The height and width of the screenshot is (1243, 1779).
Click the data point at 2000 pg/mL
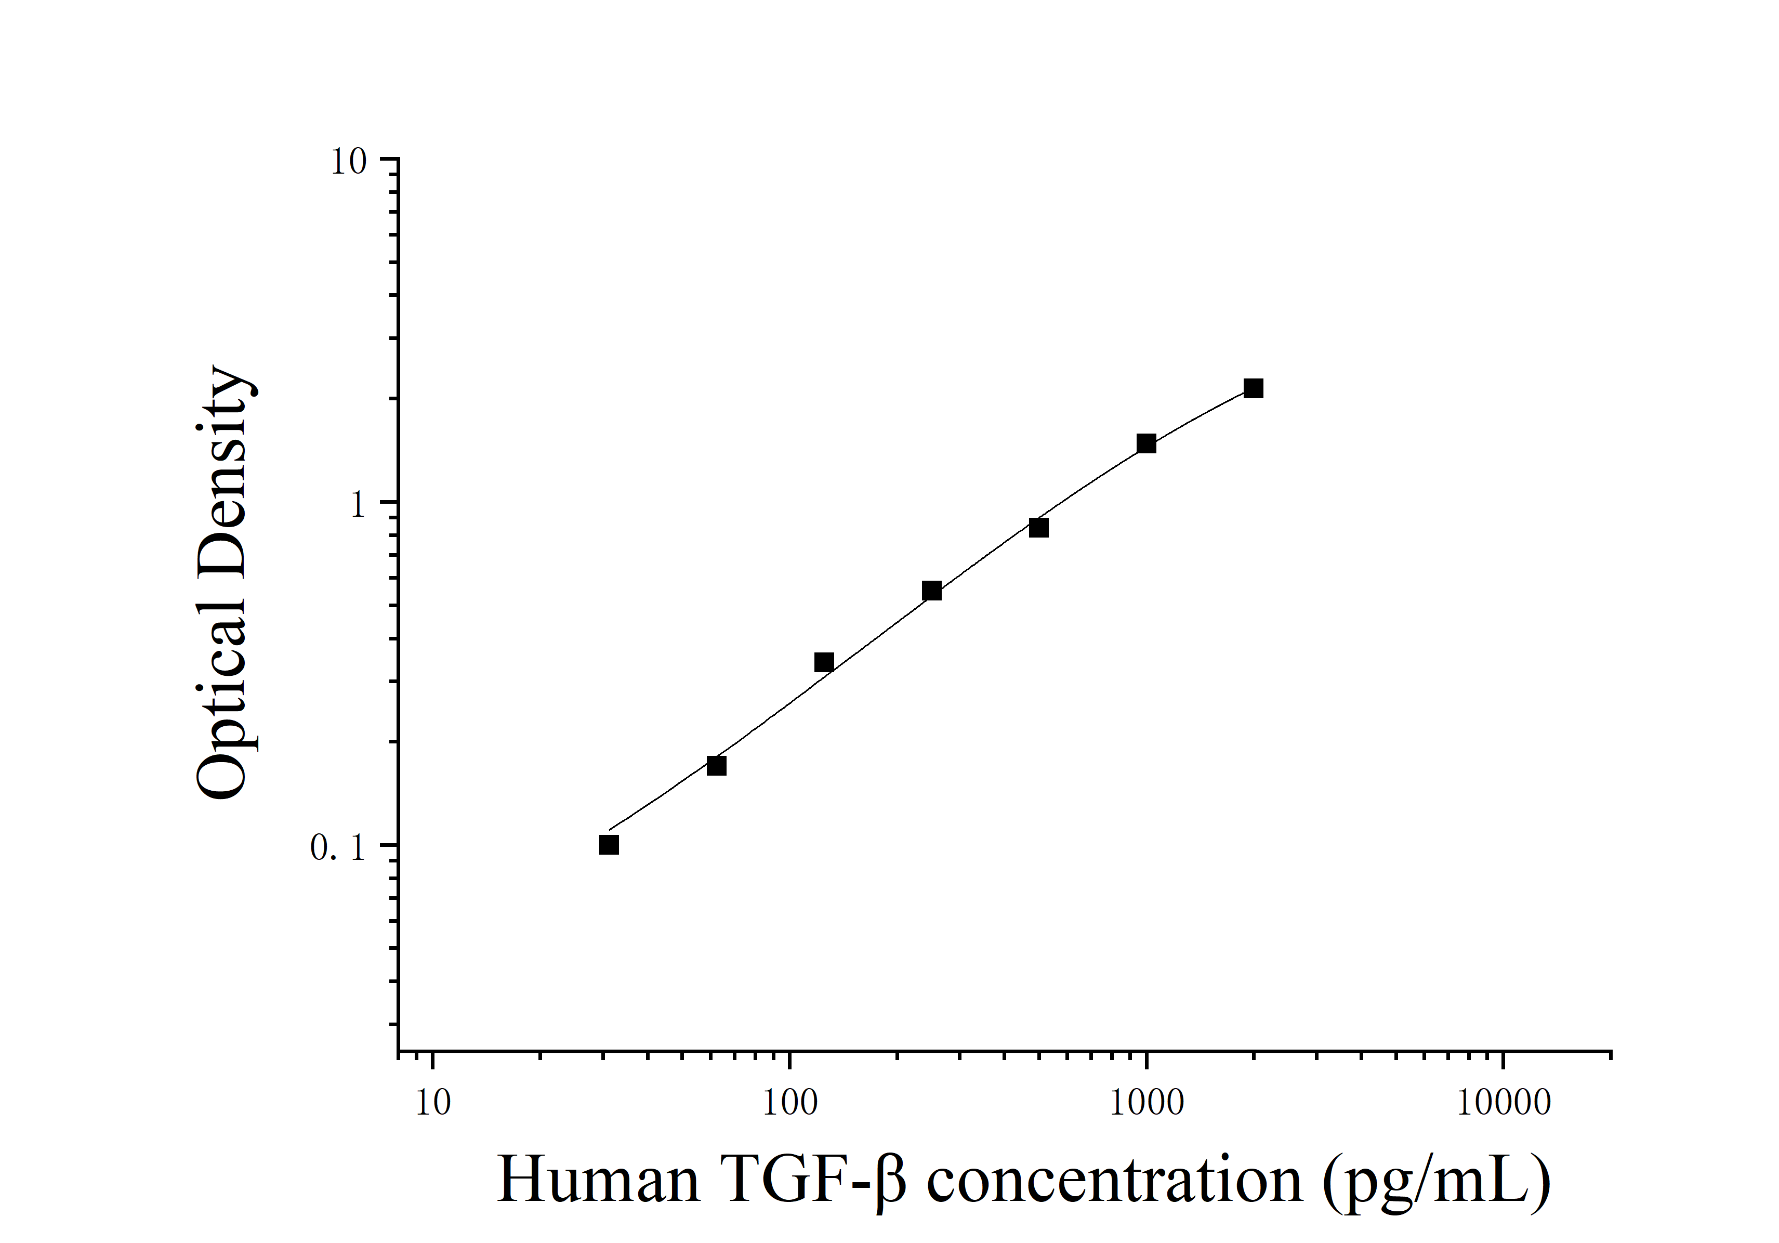1253,388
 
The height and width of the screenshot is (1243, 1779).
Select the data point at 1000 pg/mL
1146,443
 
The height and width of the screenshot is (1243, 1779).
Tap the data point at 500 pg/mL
1038,527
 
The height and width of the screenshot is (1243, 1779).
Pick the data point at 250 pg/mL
931,591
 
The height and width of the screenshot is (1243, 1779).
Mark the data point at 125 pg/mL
824,662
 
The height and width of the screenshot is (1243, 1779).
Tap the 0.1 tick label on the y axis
337,848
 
